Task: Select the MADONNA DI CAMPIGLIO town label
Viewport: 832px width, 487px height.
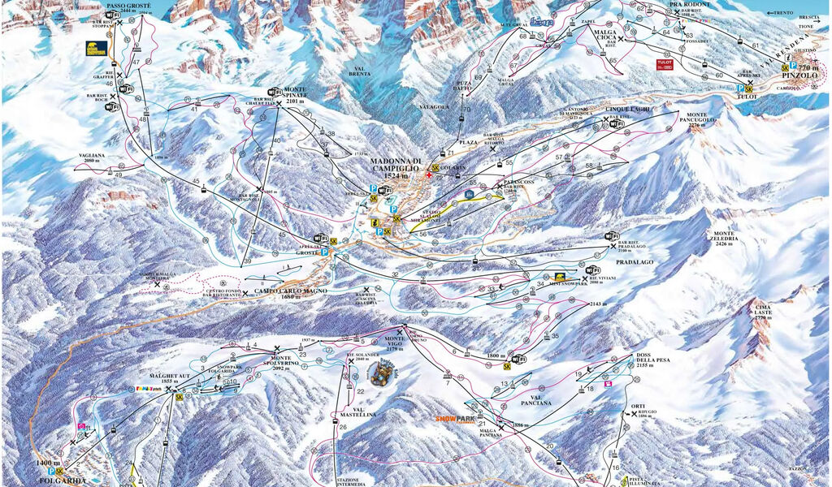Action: click(x=396, y=165)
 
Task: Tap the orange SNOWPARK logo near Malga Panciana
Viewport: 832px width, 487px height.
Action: click(x=454, y=419)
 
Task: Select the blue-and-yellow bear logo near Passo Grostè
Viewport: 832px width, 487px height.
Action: click(x=97, y=49)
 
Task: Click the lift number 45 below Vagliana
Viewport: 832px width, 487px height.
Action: click(x=195, y=182)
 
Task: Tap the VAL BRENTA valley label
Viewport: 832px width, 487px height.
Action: click(x=359, y=70)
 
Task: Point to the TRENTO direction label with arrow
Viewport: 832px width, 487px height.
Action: click(x=783, y=13)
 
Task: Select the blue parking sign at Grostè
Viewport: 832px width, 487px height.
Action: click(x=326, y=252)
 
